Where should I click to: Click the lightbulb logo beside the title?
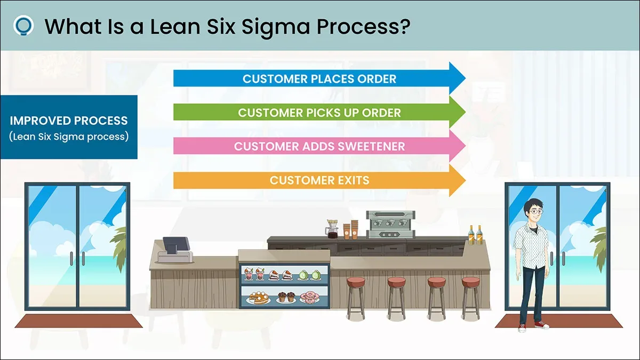23,26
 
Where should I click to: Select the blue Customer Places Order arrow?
319,78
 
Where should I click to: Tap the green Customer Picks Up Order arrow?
319,113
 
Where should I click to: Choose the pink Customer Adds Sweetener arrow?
319,146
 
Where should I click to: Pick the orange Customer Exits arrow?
319,180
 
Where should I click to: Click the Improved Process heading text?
69,121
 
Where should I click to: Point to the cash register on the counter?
175,250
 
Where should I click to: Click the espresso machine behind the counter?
390,225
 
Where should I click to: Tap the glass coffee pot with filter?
332,229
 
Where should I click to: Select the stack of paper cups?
351,229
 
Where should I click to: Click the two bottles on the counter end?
475,235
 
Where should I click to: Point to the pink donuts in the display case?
309,297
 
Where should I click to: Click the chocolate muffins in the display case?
286,297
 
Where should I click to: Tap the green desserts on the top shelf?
309,275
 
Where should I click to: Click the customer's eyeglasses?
536,212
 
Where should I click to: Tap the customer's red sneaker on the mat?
542,325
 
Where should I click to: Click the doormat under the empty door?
78,321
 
